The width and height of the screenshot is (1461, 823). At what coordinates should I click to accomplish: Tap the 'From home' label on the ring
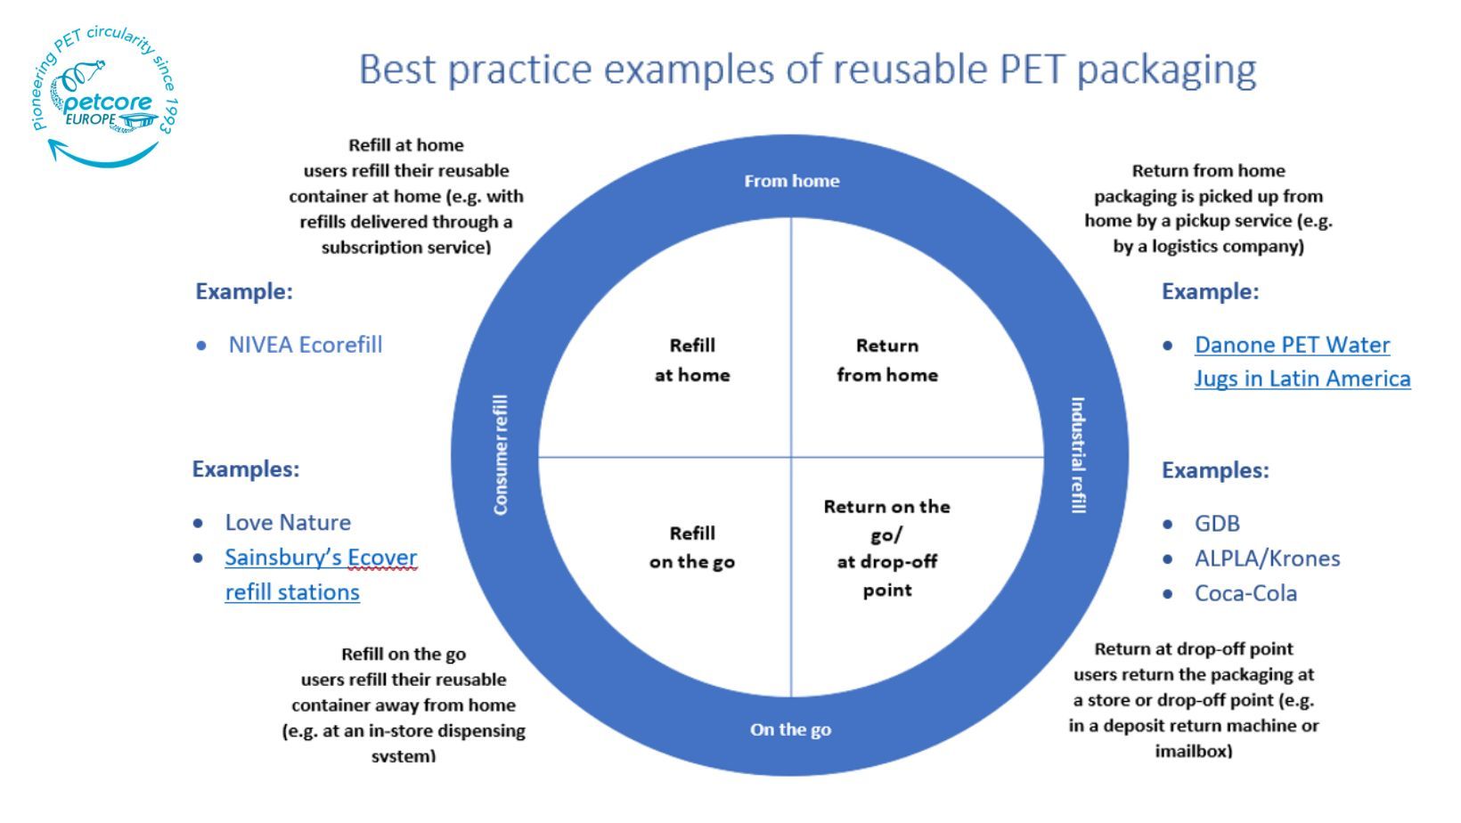tap(792, 181)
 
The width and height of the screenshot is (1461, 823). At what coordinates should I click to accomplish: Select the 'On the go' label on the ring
tap(790, 729)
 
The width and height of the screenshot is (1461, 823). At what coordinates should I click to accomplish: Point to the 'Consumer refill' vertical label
tap(501, 454)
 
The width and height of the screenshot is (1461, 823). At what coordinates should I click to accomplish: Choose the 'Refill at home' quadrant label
tap(692, 360)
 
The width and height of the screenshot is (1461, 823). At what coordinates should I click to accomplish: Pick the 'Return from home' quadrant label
tap(887, 360)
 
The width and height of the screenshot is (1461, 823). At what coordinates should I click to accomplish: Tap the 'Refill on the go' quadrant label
tap(692, 548)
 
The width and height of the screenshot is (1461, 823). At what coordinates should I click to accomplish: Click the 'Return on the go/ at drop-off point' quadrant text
tap(887, 548)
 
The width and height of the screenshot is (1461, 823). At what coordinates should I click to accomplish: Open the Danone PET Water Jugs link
tap(1302, 362)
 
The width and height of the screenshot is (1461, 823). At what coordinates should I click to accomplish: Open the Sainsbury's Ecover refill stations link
tap(321, 574)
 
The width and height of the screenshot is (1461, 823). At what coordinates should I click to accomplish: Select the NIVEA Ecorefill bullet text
tap(306, 345)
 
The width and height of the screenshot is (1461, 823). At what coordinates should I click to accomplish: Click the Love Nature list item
tap(288, 522)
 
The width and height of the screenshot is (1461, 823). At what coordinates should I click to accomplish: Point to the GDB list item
tap(1217, 523)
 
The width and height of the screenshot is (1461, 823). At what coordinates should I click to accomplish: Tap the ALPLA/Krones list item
tap(1268, 558)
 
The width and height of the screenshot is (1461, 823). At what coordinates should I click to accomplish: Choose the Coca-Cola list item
tap(1245, 593)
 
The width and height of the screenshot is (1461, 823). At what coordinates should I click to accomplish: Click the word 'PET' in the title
tap(1032, 69)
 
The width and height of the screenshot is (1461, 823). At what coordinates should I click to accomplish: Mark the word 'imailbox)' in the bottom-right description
tap(1194, 751)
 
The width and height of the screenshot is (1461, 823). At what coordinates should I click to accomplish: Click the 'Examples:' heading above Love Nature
tap(246, 469)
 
